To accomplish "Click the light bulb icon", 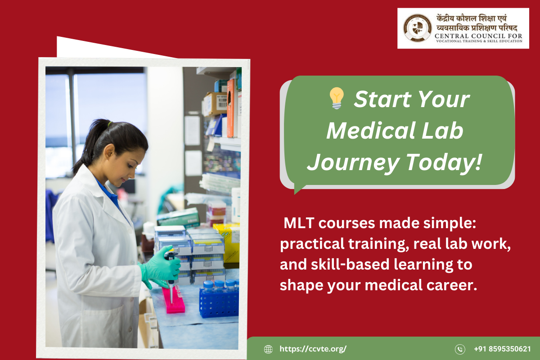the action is (337, 98).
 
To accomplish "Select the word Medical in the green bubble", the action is (370, 130).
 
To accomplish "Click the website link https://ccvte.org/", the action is (313, 349).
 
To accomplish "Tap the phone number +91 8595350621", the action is (502, 349).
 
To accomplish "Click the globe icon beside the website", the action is (268, 349).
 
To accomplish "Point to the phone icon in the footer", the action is (460, 349).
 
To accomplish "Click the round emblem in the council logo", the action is (417, 28).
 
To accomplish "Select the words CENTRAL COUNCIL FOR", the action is (478, 36).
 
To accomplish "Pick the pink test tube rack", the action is (173, 300).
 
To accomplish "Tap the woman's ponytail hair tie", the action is (110, 124).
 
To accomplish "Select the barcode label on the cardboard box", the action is (222, 102).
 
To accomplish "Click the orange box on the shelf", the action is (230, 108).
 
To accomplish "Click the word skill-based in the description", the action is (350, 265).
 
